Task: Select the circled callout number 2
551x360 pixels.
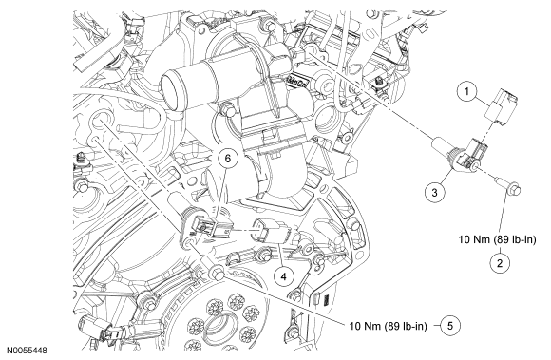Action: pos(500,263)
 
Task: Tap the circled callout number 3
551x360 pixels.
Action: pos(435,193)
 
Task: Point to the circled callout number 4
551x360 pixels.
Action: pos(284,276)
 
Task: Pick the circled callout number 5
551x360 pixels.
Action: pos(449,326)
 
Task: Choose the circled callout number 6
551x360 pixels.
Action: pos(228,159)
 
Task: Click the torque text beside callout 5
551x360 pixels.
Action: pos(389,327)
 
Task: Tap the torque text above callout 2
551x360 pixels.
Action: pos(497,240)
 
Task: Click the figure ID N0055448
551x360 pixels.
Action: pos(27,350)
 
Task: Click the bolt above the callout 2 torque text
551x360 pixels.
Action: pos(509,186)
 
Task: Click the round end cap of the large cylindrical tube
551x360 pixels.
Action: pos(169,87)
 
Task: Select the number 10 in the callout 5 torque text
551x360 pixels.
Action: pos(356,327)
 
